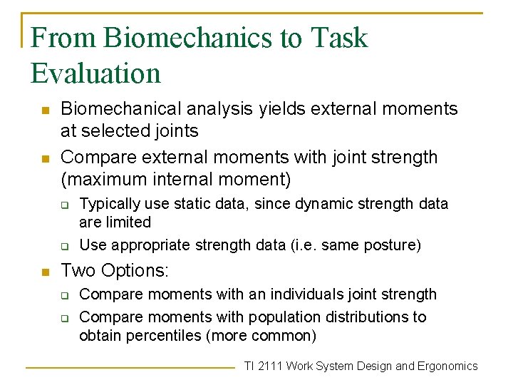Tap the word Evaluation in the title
coord(96,73)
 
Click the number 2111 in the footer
coord(271,366)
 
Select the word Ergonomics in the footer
coord(447,366)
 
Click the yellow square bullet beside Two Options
coord(43,272)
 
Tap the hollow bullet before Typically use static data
coord(63,205)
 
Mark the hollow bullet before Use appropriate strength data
coord(63,246)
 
